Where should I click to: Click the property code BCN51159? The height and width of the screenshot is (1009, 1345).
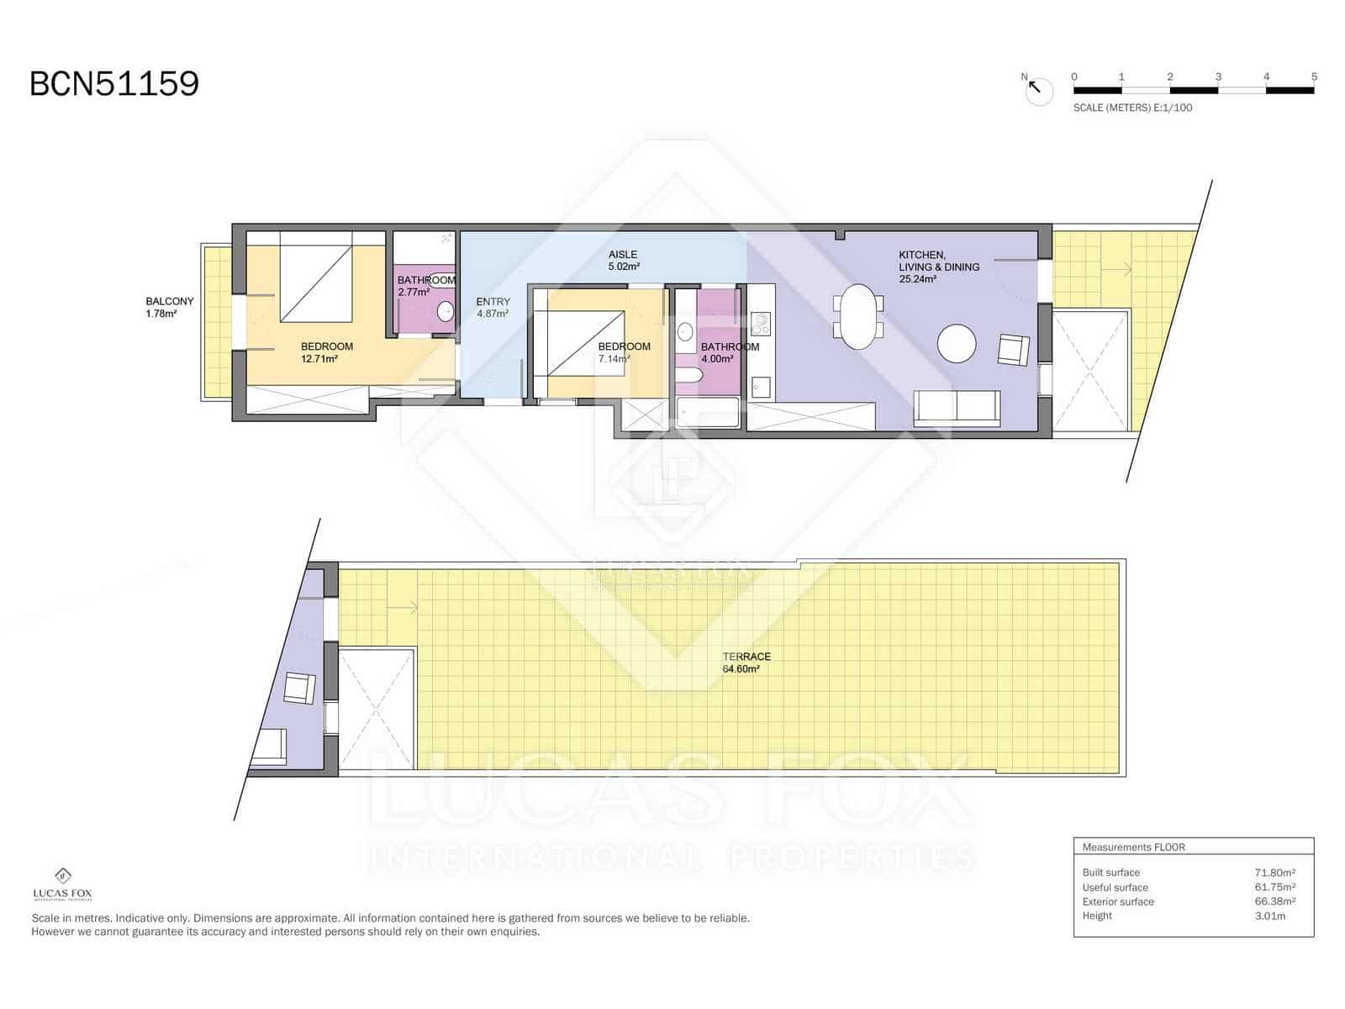point(114,84)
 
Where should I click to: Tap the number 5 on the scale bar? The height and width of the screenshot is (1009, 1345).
point(1314,77)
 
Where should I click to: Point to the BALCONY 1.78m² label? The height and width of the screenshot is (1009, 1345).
point(169,307)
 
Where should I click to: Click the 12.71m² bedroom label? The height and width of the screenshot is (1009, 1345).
point(326,352)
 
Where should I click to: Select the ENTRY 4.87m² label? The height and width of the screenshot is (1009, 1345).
point(493,307)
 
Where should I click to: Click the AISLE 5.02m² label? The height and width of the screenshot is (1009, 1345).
point(623,260)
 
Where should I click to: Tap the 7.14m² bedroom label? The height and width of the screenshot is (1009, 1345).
point(623,352)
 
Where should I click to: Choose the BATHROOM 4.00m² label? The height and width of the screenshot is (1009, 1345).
point(729,352)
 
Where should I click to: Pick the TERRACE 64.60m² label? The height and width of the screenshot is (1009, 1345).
point(746,663)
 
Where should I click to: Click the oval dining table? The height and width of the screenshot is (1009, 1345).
point(858,317)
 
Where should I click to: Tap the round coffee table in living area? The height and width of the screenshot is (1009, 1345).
point(957,344)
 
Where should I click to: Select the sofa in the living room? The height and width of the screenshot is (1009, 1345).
point(957,409)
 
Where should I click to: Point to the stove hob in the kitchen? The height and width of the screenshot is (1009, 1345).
point(761,324)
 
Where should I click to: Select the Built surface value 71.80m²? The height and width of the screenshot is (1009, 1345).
point(1274,873)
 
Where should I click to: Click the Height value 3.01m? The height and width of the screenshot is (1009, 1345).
point(1269,916)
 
